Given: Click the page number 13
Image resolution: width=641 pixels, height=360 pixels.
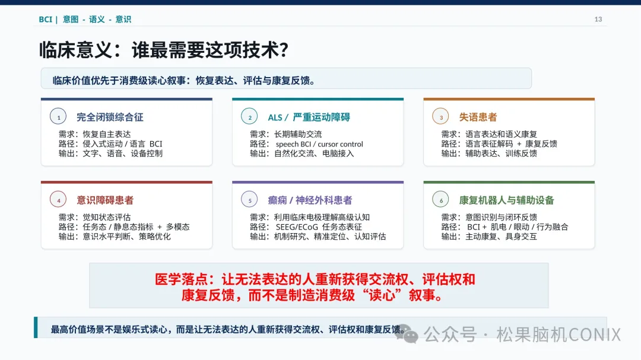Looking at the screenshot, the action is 598,19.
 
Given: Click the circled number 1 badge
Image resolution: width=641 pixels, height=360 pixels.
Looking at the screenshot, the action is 58,116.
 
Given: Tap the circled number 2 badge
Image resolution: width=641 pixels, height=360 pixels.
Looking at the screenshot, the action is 249,116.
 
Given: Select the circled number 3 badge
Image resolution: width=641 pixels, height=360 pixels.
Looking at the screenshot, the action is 440,116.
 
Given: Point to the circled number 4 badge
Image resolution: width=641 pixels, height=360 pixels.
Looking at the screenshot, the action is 58,199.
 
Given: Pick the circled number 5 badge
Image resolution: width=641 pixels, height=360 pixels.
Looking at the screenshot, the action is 249,199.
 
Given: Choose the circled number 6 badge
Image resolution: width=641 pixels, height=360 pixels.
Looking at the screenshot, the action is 440,199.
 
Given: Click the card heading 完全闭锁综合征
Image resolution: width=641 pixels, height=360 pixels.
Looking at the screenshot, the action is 110,117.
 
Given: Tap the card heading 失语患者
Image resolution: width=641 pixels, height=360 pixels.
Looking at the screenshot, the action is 478,117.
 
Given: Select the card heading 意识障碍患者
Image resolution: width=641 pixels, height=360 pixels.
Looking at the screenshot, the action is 105,200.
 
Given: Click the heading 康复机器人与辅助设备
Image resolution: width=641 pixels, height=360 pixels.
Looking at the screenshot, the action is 506,200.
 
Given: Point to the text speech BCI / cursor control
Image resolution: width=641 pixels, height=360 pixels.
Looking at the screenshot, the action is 319,144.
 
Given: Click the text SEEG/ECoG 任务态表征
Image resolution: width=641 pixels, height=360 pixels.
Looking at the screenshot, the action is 319,227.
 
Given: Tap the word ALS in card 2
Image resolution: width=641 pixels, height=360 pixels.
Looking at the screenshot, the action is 275,117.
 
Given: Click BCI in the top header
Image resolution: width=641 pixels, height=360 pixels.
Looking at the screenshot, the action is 45,19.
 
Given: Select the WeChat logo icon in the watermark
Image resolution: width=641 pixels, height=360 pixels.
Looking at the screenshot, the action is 407,333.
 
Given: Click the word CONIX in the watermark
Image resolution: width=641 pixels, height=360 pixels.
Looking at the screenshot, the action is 595,334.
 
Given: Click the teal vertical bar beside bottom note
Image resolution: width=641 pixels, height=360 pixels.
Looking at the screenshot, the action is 36,327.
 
